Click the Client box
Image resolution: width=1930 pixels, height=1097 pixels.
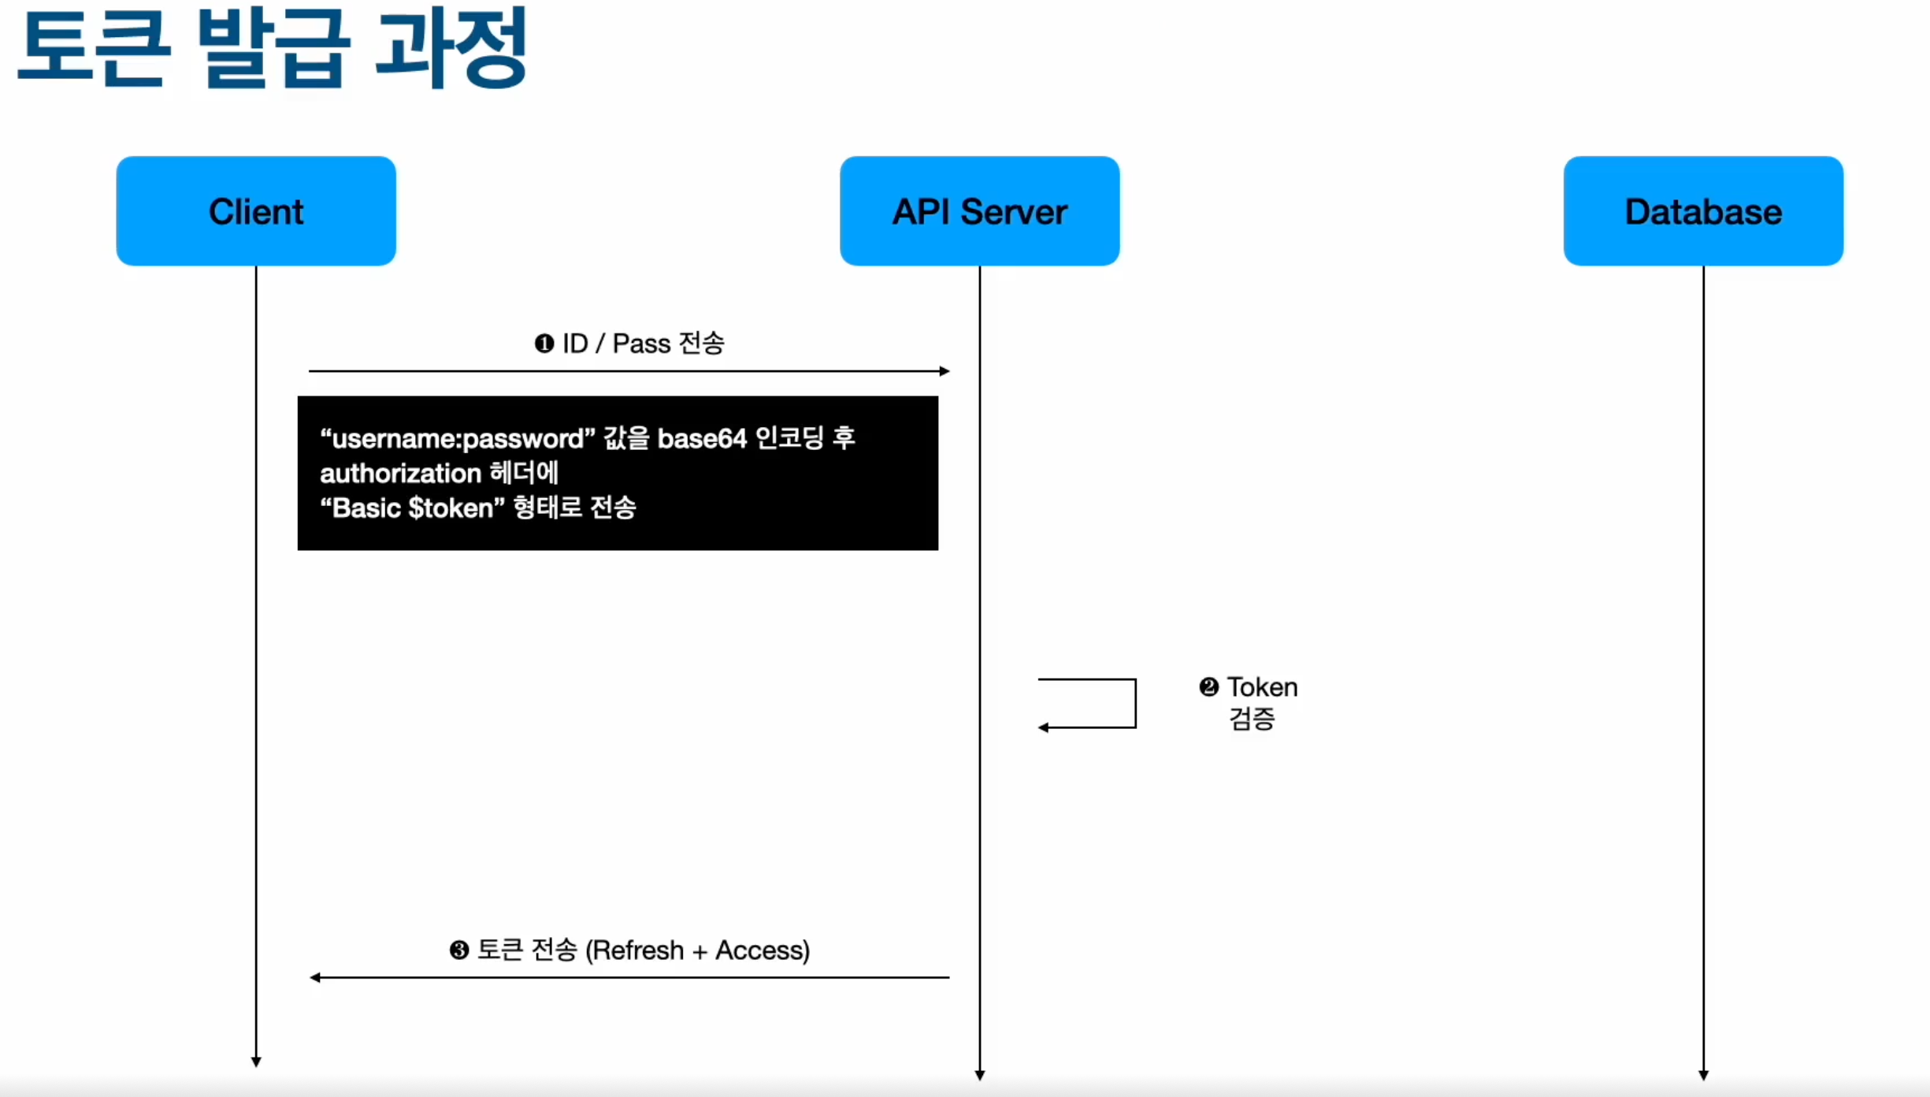pyautogui.click(x=256, y=211)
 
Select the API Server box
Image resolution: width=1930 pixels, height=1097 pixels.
pyautogui.click(x=979, y=211)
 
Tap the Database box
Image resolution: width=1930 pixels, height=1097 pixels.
pyautogui.click(x=1703, y=211)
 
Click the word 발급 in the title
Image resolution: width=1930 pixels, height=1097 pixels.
pyautogui.click(x=273, y=49)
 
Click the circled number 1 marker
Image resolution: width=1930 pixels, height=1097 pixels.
pyautogui.click(x=544, y=344)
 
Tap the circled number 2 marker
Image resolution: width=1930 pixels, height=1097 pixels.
pyautogui.click(x=1208, y=687)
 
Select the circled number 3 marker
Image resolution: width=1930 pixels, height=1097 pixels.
pyautogui.click(x=458, y=950)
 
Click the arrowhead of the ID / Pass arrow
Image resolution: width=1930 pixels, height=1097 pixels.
pyautogui.click(x=945, y=371)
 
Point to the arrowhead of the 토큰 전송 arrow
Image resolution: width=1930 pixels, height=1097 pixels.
pyautogui.click(x=315, y=978)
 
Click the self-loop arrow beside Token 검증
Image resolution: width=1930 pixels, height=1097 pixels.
pyautogui.click(x=1134, y=703)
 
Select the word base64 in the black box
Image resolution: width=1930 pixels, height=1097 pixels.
pyautogui.click(x=702, y=438)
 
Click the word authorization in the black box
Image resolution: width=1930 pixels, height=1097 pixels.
pyautogui.click(x=400, y=474)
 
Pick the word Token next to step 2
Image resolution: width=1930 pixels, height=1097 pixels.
pyautogui.click(x=1262, y=687)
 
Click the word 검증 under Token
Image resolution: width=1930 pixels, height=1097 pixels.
pyautogui.click(x=1252, y=719)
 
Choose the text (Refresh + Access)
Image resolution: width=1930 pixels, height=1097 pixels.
pyautogui.click(x=697, y=950)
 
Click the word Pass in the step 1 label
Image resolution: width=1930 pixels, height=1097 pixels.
pyautogui.click(x=641, y=344)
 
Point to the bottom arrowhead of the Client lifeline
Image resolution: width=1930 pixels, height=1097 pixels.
pyautogui.click(x=256, y=1062)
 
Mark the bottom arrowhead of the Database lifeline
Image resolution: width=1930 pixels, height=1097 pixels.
pyautogui.click(x=1703, y=1075)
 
